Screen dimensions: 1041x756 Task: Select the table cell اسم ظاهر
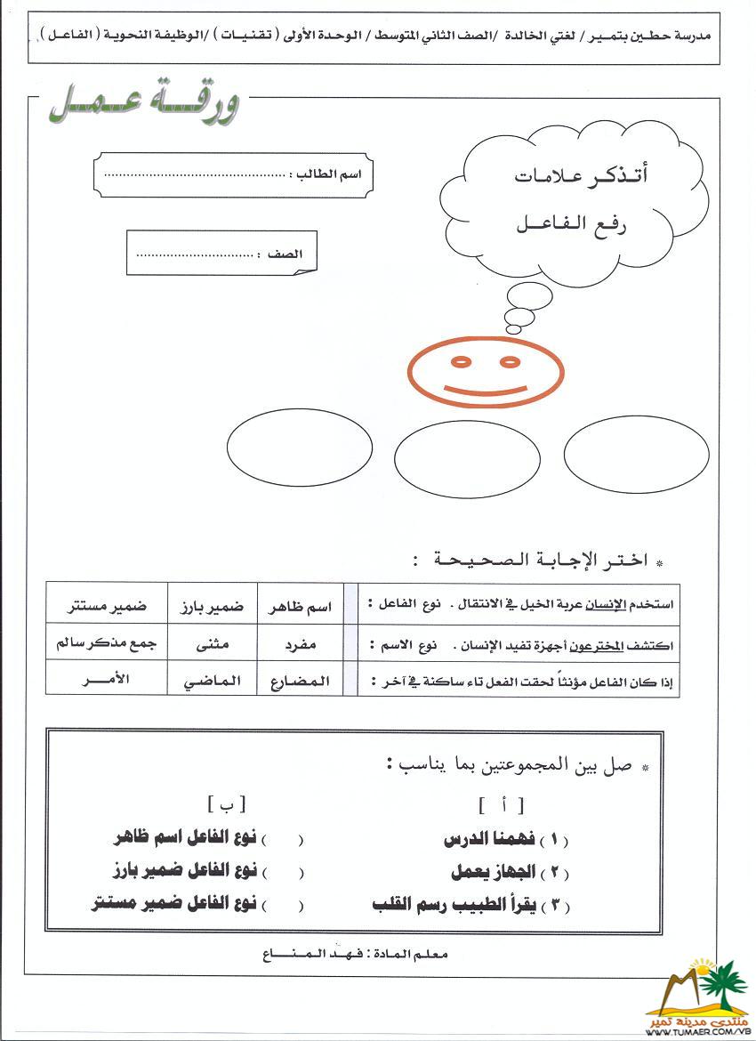coord(300,606)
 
